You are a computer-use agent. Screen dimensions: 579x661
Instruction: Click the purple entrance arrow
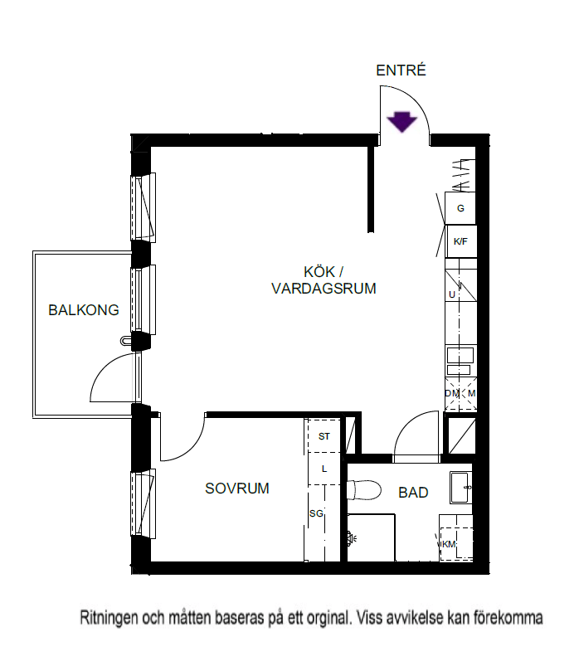[401, 122]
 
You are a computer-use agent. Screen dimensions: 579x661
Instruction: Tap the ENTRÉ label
[401, 70]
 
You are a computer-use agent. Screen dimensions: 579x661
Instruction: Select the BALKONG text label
[84, 310]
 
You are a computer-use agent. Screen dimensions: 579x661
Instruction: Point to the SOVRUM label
[237, 488]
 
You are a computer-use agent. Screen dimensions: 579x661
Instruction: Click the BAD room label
[413, 493]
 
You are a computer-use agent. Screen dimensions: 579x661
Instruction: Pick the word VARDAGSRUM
[324, 289]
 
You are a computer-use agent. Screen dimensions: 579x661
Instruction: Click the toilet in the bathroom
[364, 490]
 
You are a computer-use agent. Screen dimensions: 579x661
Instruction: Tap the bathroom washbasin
[460, 488]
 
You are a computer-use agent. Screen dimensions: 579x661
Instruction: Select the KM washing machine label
[449, 544]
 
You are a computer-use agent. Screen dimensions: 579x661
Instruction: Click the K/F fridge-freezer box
[461, 241]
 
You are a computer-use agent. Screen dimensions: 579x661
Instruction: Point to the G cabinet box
[460, 208]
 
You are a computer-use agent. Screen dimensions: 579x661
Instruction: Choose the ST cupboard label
[324, 436]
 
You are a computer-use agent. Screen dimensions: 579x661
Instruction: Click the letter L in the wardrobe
[324, 469]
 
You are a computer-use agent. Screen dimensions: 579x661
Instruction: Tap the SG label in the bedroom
[316, 513]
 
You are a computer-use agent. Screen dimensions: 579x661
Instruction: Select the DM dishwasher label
[451, 393]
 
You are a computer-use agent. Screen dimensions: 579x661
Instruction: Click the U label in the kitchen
[452, 294]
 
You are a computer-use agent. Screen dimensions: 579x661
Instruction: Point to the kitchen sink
[460, 361]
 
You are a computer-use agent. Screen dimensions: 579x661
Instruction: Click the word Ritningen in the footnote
[109, 618]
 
